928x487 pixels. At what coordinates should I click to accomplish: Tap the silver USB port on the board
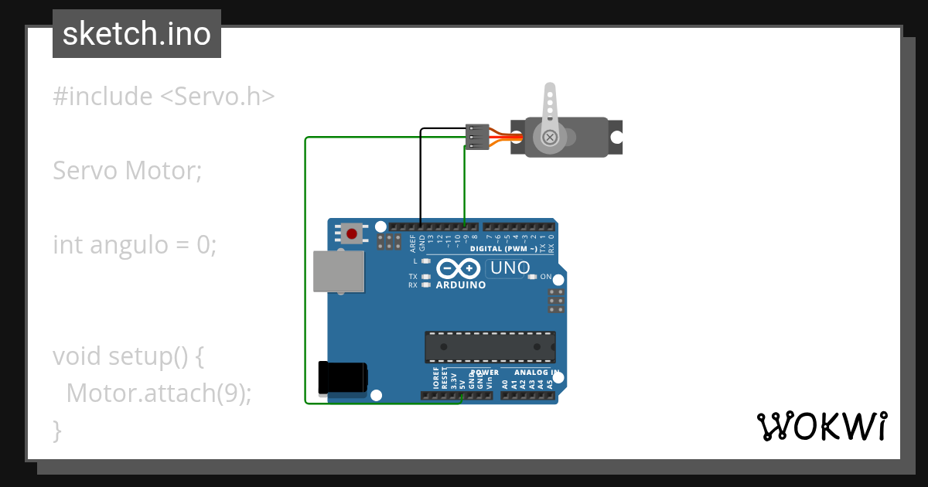pyautogui.click(x=338, y=271)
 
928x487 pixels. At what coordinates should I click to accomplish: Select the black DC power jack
pyautogui.click(x=343, y=378)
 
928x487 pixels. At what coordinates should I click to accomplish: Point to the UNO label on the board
pyautogui.click(x=510, y=268)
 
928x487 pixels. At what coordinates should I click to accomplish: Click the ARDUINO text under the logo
pyautogui.click(x=461, y=285)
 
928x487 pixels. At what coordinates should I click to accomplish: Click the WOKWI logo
pyautogui.click(x=821, y=426)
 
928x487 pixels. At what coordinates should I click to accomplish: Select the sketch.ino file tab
pyautogui.click(x=137, y=34)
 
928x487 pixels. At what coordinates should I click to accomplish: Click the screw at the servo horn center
pyautogui.click(x=550, y=138)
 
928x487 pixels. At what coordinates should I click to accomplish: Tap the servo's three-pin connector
pyautogui.click(x=477, y=137)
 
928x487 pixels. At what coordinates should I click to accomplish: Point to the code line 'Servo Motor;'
pyautogui.click(x=127, y=170)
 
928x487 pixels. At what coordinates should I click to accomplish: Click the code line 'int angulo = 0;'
pyautogui.click(x=135, y=245)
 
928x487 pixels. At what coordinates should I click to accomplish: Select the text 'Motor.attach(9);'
pyautogui.click(x=159, y=393)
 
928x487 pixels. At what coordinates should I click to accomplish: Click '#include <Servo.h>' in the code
pyautogui.click(x=164, y=97)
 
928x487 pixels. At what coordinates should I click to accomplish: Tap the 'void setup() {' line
pyautogui.click(x=128, y=356)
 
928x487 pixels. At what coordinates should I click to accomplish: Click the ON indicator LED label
pyautogui.click(x=546, y=277)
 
